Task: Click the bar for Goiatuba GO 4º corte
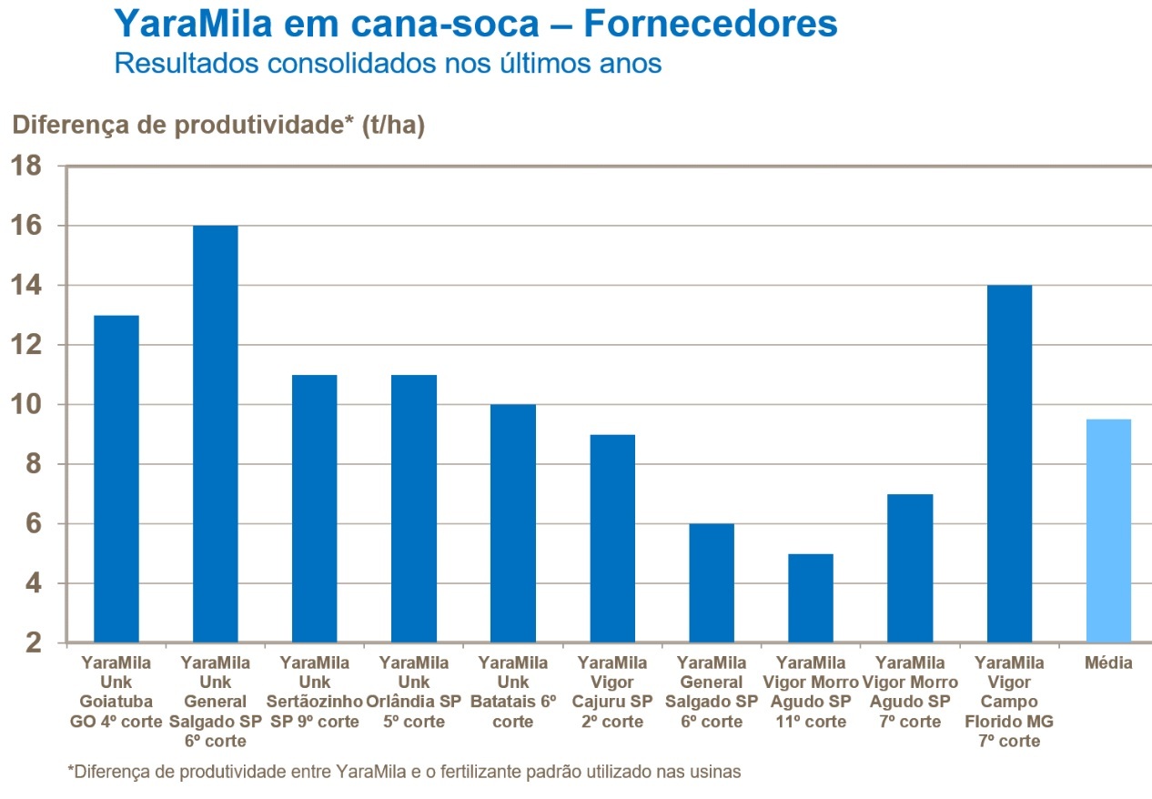(116, 479)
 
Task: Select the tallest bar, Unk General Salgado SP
(216, 434)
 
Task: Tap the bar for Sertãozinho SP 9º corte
(315, 509)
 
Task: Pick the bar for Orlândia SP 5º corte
(414, 509)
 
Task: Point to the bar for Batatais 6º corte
(513, 523)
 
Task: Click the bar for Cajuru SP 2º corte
(612, 539)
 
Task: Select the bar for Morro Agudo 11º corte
(811, 598)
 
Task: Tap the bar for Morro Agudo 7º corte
(910, 568)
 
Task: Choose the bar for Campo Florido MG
(1009, 464)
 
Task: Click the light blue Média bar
(1108, 531)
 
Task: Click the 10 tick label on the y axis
(27, 405)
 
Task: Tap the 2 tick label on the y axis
(35, 643)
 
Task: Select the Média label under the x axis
(1108, 662)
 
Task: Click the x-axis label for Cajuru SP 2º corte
(612, 692)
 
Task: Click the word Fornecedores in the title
(710, 24)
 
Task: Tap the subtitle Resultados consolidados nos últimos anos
(387, 64)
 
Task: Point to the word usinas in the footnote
(718, 772)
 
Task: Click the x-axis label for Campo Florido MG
(1009, 702)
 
